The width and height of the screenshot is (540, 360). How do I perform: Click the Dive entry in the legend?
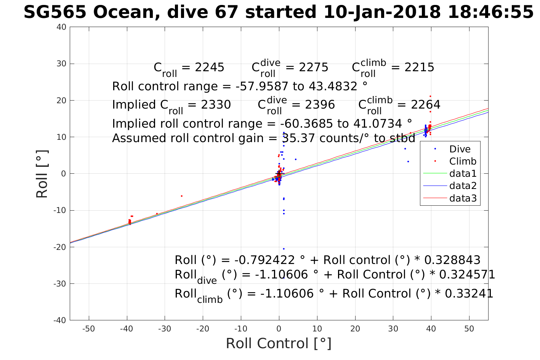(x=460, y=149)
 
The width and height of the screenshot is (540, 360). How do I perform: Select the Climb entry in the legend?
(x=463, y=161)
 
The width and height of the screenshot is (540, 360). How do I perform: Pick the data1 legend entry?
(x=463, y=174)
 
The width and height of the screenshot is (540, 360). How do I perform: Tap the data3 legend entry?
(x=463, y=198)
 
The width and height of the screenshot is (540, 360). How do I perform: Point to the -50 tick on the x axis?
(x=88, y=329)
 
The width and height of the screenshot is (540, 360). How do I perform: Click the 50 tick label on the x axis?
(x=469, y=329)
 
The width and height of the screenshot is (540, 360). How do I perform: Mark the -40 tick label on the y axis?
(x=60, y=320)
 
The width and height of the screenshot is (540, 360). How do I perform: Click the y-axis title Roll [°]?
(x=42, y=174)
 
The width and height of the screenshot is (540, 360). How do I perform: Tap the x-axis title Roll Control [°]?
(x=279, y=343)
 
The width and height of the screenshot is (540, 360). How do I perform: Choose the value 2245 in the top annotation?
(x=210, y=67)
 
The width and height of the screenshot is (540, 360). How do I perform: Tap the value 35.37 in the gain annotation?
(x=301, y=138)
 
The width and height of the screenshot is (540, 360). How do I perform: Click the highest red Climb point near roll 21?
(x=430, y=96)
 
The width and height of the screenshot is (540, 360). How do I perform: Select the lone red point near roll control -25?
(x=181, y=196)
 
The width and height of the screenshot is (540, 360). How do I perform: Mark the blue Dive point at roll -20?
(x=284, y=249)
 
